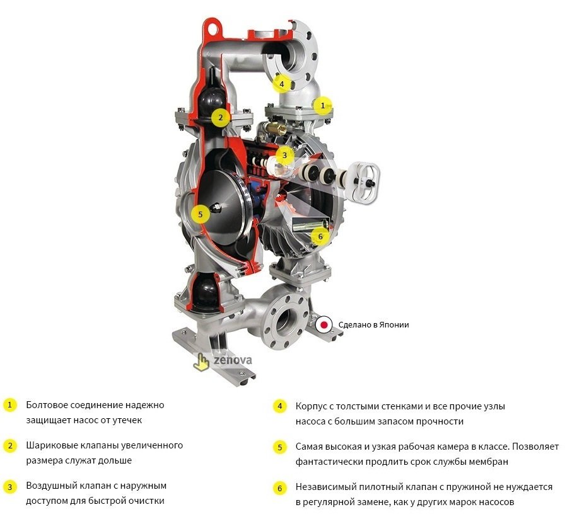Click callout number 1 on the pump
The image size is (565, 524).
pos(323,106)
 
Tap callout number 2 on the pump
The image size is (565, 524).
pos(220,117)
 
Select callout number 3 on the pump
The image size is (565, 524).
pos(284,154)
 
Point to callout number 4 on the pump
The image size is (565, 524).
pos(282,83)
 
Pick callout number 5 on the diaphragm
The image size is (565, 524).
pos(200,214)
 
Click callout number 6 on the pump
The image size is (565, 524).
pos(320,237)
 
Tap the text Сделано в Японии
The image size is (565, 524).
pos(373,325)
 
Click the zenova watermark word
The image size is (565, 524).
pos(231,360)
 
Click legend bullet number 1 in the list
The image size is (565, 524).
pos(9,405)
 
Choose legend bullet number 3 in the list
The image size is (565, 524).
pos(9,487)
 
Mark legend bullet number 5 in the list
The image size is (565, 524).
pos(279,447)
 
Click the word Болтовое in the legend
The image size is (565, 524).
pos(46,405)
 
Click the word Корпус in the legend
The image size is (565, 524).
pos(311,406)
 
